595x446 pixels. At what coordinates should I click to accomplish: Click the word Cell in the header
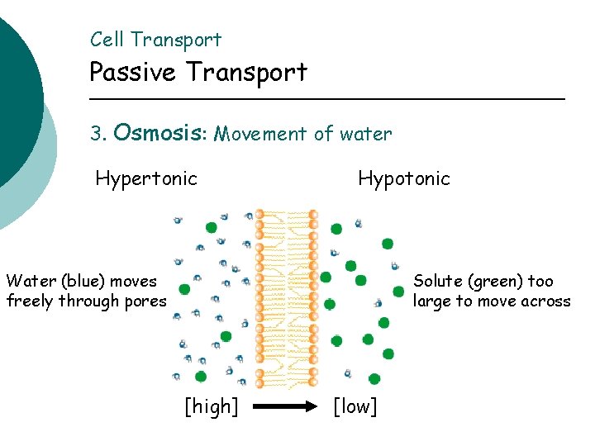107,40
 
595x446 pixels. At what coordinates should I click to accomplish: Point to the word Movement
259,134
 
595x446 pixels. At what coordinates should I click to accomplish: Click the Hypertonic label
146,178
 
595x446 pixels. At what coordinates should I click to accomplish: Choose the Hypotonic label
404,178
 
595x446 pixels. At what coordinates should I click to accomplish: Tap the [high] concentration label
211,406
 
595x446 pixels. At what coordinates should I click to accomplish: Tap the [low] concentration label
355,406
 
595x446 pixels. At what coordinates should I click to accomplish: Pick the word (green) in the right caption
494,282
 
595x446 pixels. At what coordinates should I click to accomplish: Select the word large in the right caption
432,301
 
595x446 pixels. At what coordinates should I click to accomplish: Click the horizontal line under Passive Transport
326,100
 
